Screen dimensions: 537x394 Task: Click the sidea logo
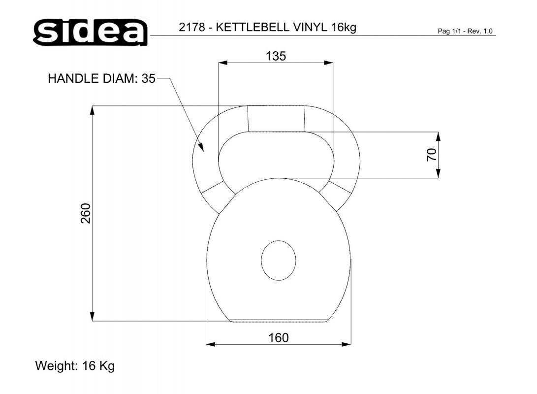pos(91,32)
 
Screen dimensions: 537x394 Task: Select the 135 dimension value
pos(276,56)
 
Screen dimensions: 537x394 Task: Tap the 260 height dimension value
pos(86,213)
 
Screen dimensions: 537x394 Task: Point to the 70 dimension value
pos(432,155)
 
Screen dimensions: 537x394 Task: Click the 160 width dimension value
pos(279,338)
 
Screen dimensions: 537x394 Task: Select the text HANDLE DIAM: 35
pos(102,78)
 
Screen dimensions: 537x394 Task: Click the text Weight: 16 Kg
pos(75,366)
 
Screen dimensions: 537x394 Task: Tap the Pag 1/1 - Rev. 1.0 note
pos(465,31)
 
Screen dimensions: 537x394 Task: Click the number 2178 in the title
pos(192,27)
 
